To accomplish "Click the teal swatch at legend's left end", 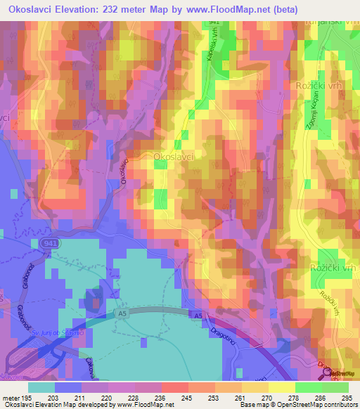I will (x=41, y=387).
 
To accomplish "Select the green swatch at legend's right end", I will (x=335, y=387).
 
